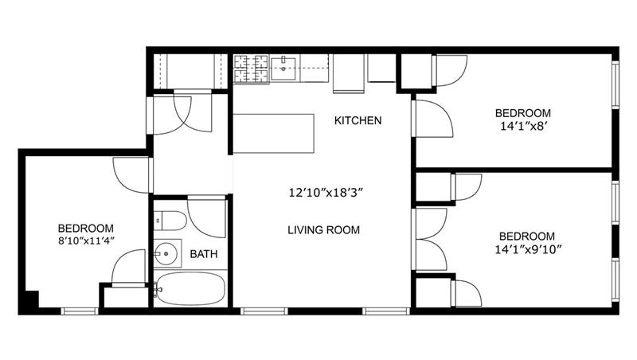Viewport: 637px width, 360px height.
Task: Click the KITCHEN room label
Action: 358,121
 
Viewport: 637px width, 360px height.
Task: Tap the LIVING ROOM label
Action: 323,230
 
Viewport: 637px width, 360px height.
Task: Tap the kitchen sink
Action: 284,67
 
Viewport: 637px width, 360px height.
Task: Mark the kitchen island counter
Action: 273,133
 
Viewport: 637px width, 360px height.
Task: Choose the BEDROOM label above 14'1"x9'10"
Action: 526,237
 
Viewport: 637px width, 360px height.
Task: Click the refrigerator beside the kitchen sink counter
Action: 347,72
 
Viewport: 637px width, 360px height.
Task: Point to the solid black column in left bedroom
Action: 31,301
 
